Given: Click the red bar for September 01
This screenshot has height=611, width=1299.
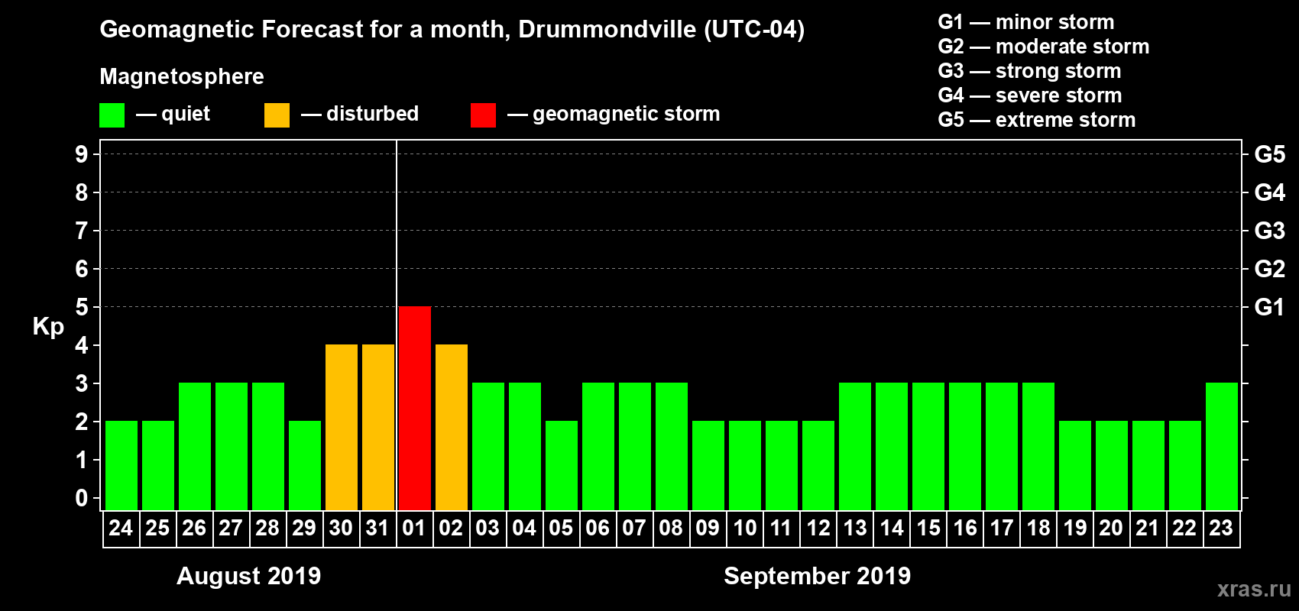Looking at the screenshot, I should click(x=415, y=408).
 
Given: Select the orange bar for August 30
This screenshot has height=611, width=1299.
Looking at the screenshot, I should click(x=342, y=427).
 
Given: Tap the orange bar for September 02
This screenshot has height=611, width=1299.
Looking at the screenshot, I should click(x=452, y=427).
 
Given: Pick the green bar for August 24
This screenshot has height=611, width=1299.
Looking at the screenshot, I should click(x=121, y=465).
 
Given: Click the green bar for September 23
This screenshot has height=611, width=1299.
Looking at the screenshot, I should click(x=1222, y=446).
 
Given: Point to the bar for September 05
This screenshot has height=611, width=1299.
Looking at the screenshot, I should click(x=562, y=465).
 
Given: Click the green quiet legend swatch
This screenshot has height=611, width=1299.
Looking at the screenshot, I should click(x=112, y=115).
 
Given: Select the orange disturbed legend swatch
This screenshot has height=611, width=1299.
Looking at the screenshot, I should click(x=277, y=115).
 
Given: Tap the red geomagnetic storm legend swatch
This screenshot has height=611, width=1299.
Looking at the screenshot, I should click(x=483, y=115).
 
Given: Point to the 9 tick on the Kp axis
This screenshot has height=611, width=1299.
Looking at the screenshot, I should click(x=82, y=154).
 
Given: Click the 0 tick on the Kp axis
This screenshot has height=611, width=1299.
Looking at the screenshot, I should click(x=82, y=498).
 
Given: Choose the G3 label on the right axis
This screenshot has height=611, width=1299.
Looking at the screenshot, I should click(x=1269, y=231).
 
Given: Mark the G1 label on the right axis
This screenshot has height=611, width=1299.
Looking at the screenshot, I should click(x=1269, y=307).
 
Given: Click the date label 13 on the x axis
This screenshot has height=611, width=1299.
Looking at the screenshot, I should click(x=855, y=528).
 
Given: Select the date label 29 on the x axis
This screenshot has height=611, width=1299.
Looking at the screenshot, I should click(x=304, y=528).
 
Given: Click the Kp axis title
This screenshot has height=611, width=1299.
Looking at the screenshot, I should click(x=48, y=327).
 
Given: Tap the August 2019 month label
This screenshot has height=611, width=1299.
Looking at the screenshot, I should click(x=248, y=576).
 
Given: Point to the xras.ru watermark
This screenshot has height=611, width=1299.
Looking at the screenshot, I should click(x=1254, y=589).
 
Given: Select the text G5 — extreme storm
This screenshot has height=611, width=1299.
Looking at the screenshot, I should click(x=1036, y=120).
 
